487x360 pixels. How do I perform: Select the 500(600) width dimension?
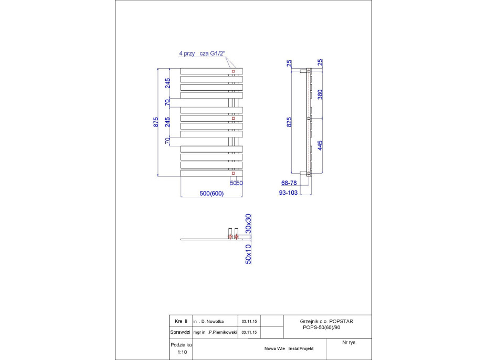(x=211, y=193)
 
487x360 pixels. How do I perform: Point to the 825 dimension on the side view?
(x=290, y=122)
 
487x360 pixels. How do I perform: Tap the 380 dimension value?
(x=320, y=94)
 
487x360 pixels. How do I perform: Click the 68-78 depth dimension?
(x=290, y=183)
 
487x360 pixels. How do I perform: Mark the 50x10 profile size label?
(x=249, y=253)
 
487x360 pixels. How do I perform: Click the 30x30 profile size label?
(x=249, y=223)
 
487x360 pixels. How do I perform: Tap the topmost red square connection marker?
(x=233, y=71)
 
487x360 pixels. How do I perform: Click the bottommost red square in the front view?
(x=233, y=172)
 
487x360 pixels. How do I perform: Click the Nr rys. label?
(x=349, y=342)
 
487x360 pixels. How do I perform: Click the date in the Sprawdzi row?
(x=249, y=332)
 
